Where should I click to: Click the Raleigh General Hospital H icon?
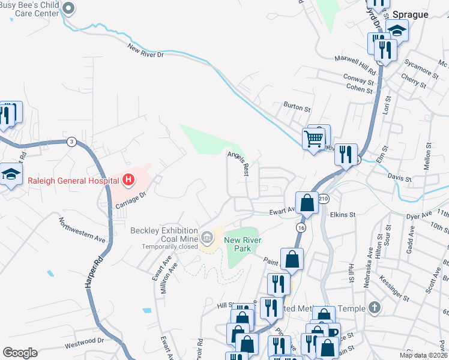point(128,179)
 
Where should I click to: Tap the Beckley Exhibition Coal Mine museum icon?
point(207,239)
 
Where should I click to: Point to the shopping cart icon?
point(314,139)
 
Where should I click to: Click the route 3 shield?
point(71,142)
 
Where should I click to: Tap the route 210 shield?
point(324,199)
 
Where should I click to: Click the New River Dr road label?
point(145,50)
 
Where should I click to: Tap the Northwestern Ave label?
point(82,230)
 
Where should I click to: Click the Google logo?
point(20,353)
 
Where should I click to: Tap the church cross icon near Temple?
point(375,308)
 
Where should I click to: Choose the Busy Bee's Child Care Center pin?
point(68,8)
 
